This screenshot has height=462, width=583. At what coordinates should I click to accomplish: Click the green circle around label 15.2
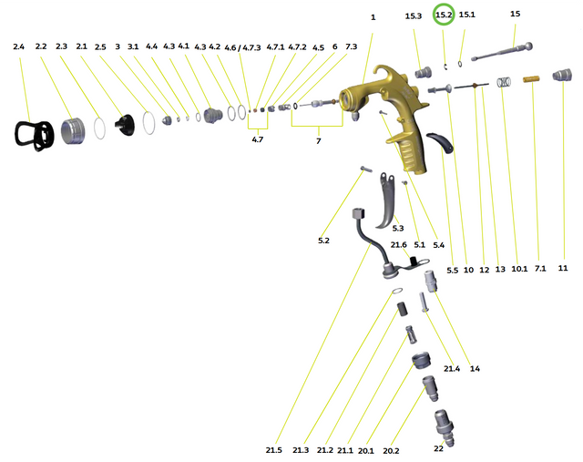[x=445, y=15]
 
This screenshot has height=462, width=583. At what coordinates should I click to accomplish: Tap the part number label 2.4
[x=19, y=46]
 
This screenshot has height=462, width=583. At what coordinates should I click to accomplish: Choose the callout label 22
[x=438, y=448]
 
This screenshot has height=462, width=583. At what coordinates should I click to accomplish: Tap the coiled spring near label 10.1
[x=502, y=84]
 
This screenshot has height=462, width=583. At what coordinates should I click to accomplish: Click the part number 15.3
[x=414, y=16]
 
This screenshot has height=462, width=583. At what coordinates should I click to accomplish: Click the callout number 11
[x=563, y=268]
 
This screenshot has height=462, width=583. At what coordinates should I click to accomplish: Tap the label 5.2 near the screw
[x=324, y=240]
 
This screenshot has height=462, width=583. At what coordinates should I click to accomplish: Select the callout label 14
[x=475, y=368]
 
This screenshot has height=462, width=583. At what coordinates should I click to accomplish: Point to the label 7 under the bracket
[x=318, y=141]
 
